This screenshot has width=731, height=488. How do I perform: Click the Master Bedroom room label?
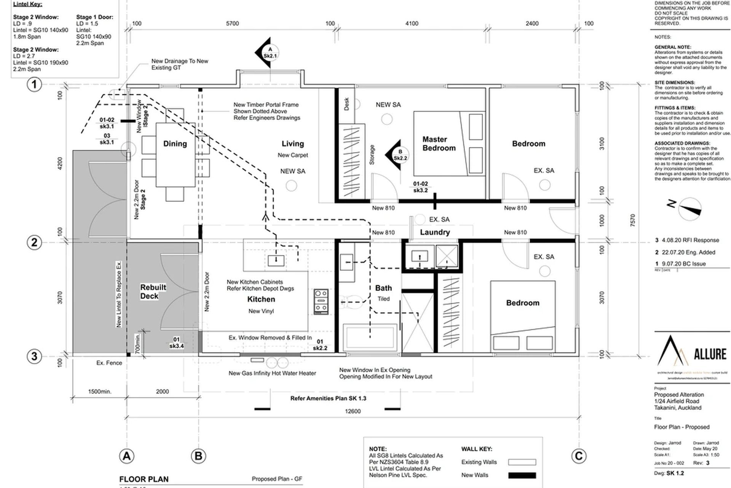click(439, 144)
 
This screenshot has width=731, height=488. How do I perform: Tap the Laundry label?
click(435, 232)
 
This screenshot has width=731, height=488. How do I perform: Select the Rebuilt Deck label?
click(153, 292)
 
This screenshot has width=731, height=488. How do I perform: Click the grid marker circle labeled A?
click(127, 456)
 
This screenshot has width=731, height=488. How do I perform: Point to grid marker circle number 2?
click(34, 242)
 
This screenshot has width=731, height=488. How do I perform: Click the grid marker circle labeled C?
click(578, 456)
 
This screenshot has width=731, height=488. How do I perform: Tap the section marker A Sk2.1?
click(270, 53)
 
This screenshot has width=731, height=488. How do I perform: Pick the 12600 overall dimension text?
click(353, 411)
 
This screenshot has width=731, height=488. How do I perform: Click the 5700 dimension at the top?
click(232, 24)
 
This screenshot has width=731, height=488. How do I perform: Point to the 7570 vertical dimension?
click(632, 220)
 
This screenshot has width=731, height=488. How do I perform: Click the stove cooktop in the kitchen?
click(321, 301)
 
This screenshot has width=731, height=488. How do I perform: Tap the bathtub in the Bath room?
click(370, 337)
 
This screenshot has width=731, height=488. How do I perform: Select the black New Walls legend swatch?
click(522, 475)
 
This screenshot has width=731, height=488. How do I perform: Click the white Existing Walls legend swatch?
click(522, 462)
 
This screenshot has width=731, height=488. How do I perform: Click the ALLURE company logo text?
click(710, 355)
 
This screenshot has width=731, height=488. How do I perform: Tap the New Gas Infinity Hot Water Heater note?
click(272, 373)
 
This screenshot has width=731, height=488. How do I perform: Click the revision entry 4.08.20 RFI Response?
click(690, 240)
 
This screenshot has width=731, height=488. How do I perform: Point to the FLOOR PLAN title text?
click(144, 479)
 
